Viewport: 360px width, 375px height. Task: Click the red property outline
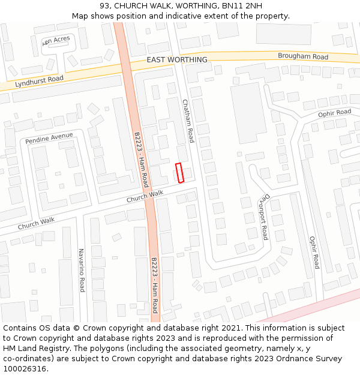tap(178, 173)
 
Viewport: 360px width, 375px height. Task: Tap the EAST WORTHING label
tap(177, 60)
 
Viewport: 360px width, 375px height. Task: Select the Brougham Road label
tap(303, 56)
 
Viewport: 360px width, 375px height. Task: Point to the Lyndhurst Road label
tap(40, 79)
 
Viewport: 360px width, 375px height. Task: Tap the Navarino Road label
tap(82, 270)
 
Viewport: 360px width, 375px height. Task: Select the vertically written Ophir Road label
tap(313, 252)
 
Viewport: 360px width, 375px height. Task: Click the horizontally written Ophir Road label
tap(334, 113)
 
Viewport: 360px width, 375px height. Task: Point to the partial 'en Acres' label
tap(56, 39)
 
